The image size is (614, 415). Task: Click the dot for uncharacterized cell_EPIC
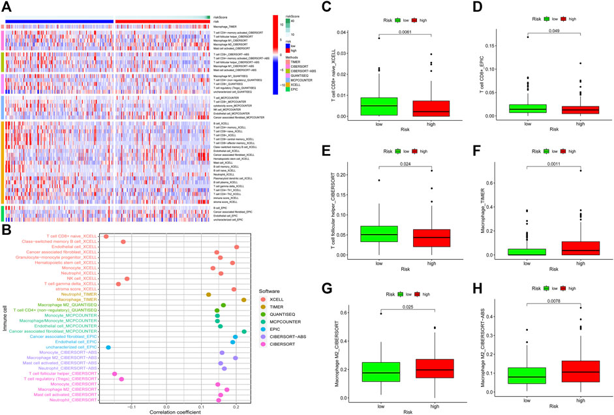(108, 348)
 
